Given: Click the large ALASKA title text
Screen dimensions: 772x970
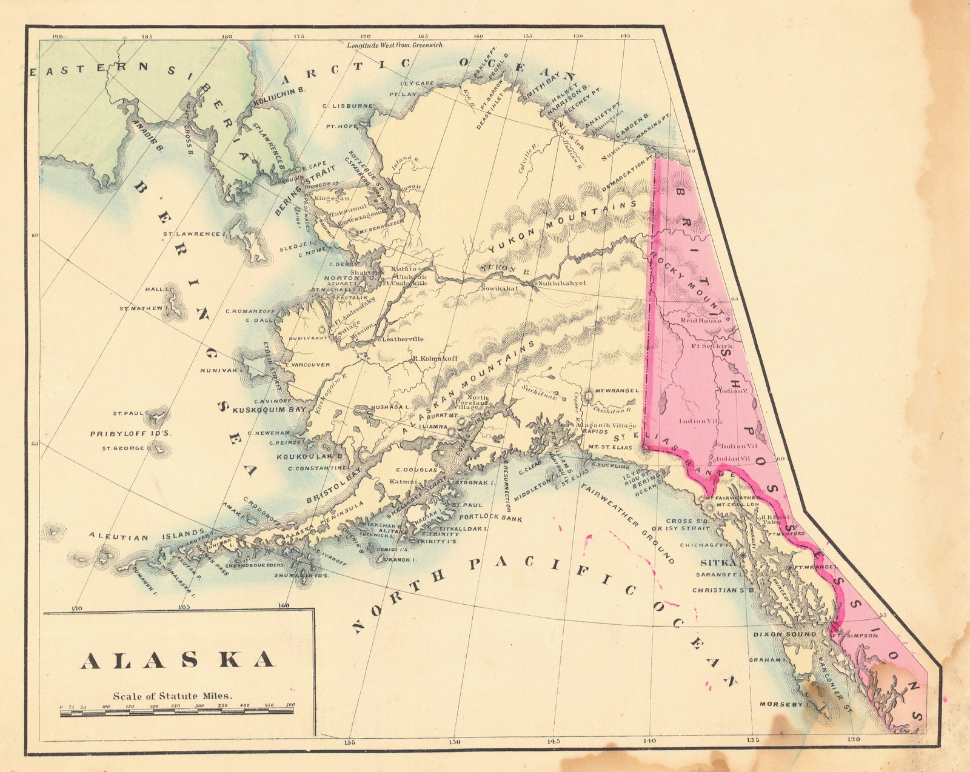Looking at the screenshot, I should pyautogui.click(x=178, y=661).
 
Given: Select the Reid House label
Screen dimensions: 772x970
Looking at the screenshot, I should pyautogui.click(x=701, y=320).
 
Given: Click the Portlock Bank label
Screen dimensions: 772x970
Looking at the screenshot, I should pyautogui.click(x=491, y=517).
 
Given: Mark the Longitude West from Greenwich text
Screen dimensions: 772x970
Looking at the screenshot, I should pyautogui.click(x=395, y=45).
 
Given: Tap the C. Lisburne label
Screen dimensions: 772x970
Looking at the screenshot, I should pyautogui.click(x=347, y=106).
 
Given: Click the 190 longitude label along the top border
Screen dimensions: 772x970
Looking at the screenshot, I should pyautogui.click(x=58, y=37).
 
